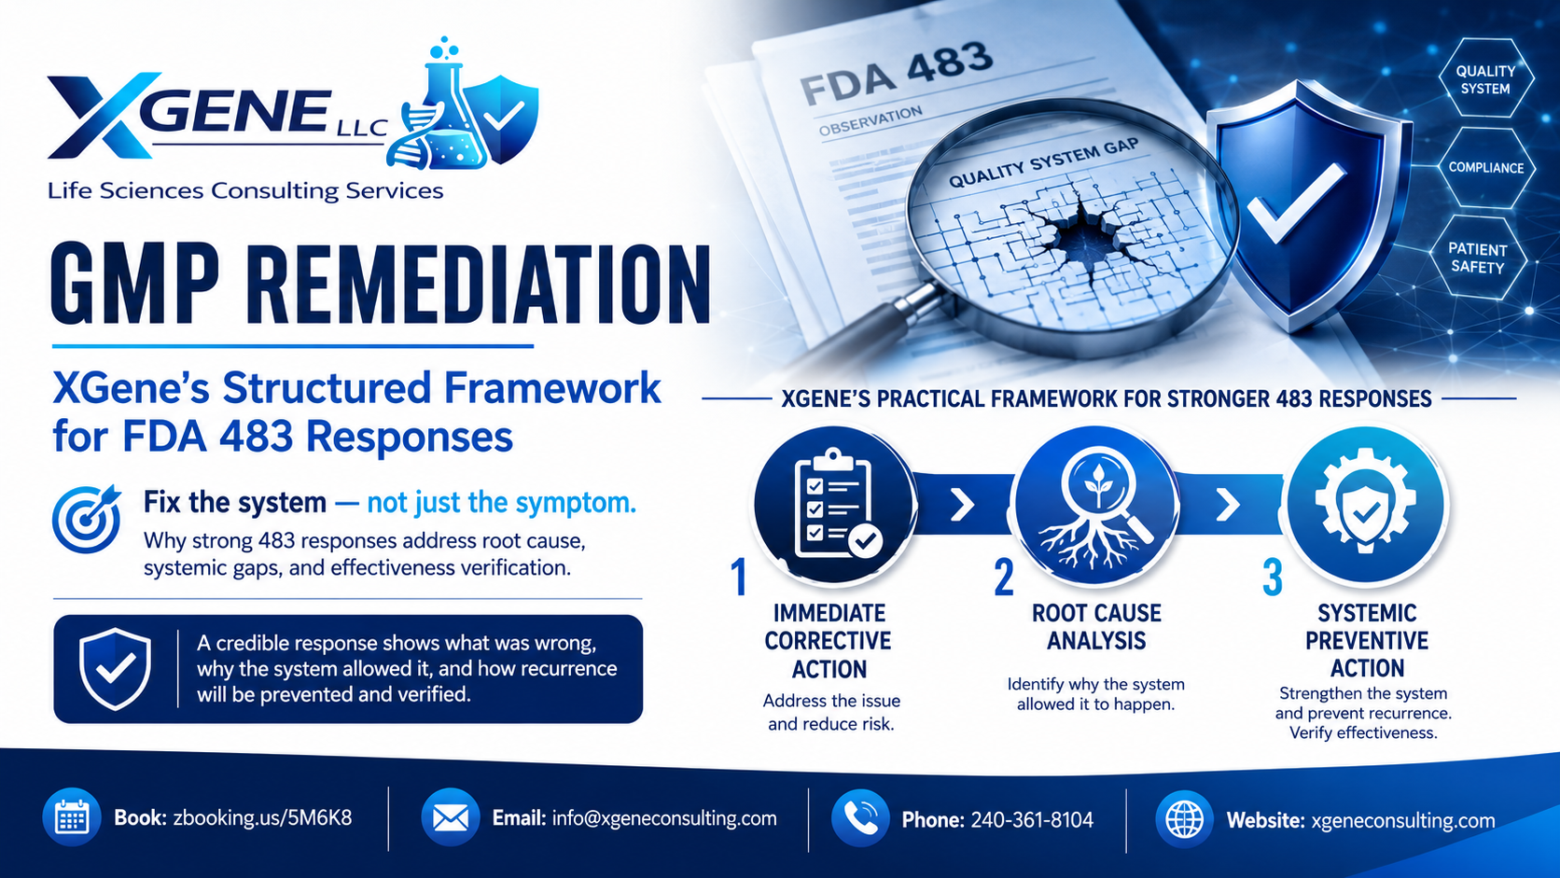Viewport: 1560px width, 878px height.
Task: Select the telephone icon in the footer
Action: point(861,818)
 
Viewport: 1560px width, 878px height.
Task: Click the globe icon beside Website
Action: point(1185,819)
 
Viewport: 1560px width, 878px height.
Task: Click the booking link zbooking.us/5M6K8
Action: point(262,818)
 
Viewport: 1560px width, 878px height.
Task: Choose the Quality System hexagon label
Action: point(1485,79)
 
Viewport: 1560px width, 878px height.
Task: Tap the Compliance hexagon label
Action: point(1486,168)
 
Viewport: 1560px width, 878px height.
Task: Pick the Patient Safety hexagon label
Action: point(1478,258)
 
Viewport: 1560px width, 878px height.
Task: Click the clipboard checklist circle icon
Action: point(834,505)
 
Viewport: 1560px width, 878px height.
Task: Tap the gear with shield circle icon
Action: point(1366,505)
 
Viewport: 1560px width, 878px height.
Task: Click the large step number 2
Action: point(1004,577)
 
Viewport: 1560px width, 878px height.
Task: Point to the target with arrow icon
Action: point(87,519)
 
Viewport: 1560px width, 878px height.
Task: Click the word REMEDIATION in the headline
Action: point(478,285)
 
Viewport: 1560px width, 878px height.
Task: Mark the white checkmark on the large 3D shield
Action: point(1295,202)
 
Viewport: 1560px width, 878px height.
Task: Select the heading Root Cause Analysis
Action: point(1097,627)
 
